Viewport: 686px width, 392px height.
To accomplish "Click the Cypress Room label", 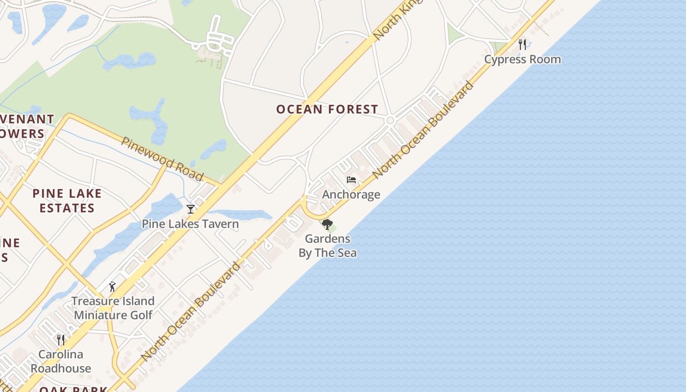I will click(522, 59).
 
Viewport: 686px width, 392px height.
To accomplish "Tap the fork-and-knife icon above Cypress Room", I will click(522, 45).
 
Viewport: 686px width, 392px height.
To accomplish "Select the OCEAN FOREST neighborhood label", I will click(327, 109).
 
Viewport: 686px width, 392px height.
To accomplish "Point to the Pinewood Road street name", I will click(162, 158).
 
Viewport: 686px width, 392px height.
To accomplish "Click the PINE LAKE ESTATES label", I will click(67, 200).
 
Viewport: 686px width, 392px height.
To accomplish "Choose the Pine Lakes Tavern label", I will click(190, 224).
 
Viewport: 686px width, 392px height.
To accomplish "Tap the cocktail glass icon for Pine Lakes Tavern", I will click(190, 209).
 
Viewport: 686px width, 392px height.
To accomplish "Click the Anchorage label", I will click(351, 195).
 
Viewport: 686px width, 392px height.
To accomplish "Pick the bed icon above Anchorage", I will click(351, 180).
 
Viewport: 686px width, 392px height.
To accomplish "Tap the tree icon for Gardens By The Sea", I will click(327, 224).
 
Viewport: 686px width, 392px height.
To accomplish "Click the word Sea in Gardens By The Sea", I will click(346, 253).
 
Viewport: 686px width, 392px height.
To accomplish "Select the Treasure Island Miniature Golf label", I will click(113, 308).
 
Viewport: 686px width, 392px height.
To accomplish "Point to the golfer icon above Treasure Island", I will click(112, 287).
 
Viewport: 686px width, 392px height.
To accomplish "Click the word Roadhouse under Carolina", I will click(61, 368).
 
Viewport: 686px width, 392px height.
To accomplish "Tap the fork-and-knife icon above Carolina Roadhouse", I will click(61, 340).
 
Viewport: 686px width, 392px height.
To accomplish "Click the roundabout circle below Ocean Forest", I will click(391, 120).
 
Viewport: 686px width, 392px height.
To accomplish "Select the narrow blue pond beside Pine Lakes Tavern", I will click(240, 215).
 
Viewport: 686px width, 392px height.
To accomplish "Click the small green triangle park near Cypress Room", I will click(454, 34).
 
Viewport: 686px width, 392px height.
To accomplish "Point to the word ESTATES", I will click(67, 208).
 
